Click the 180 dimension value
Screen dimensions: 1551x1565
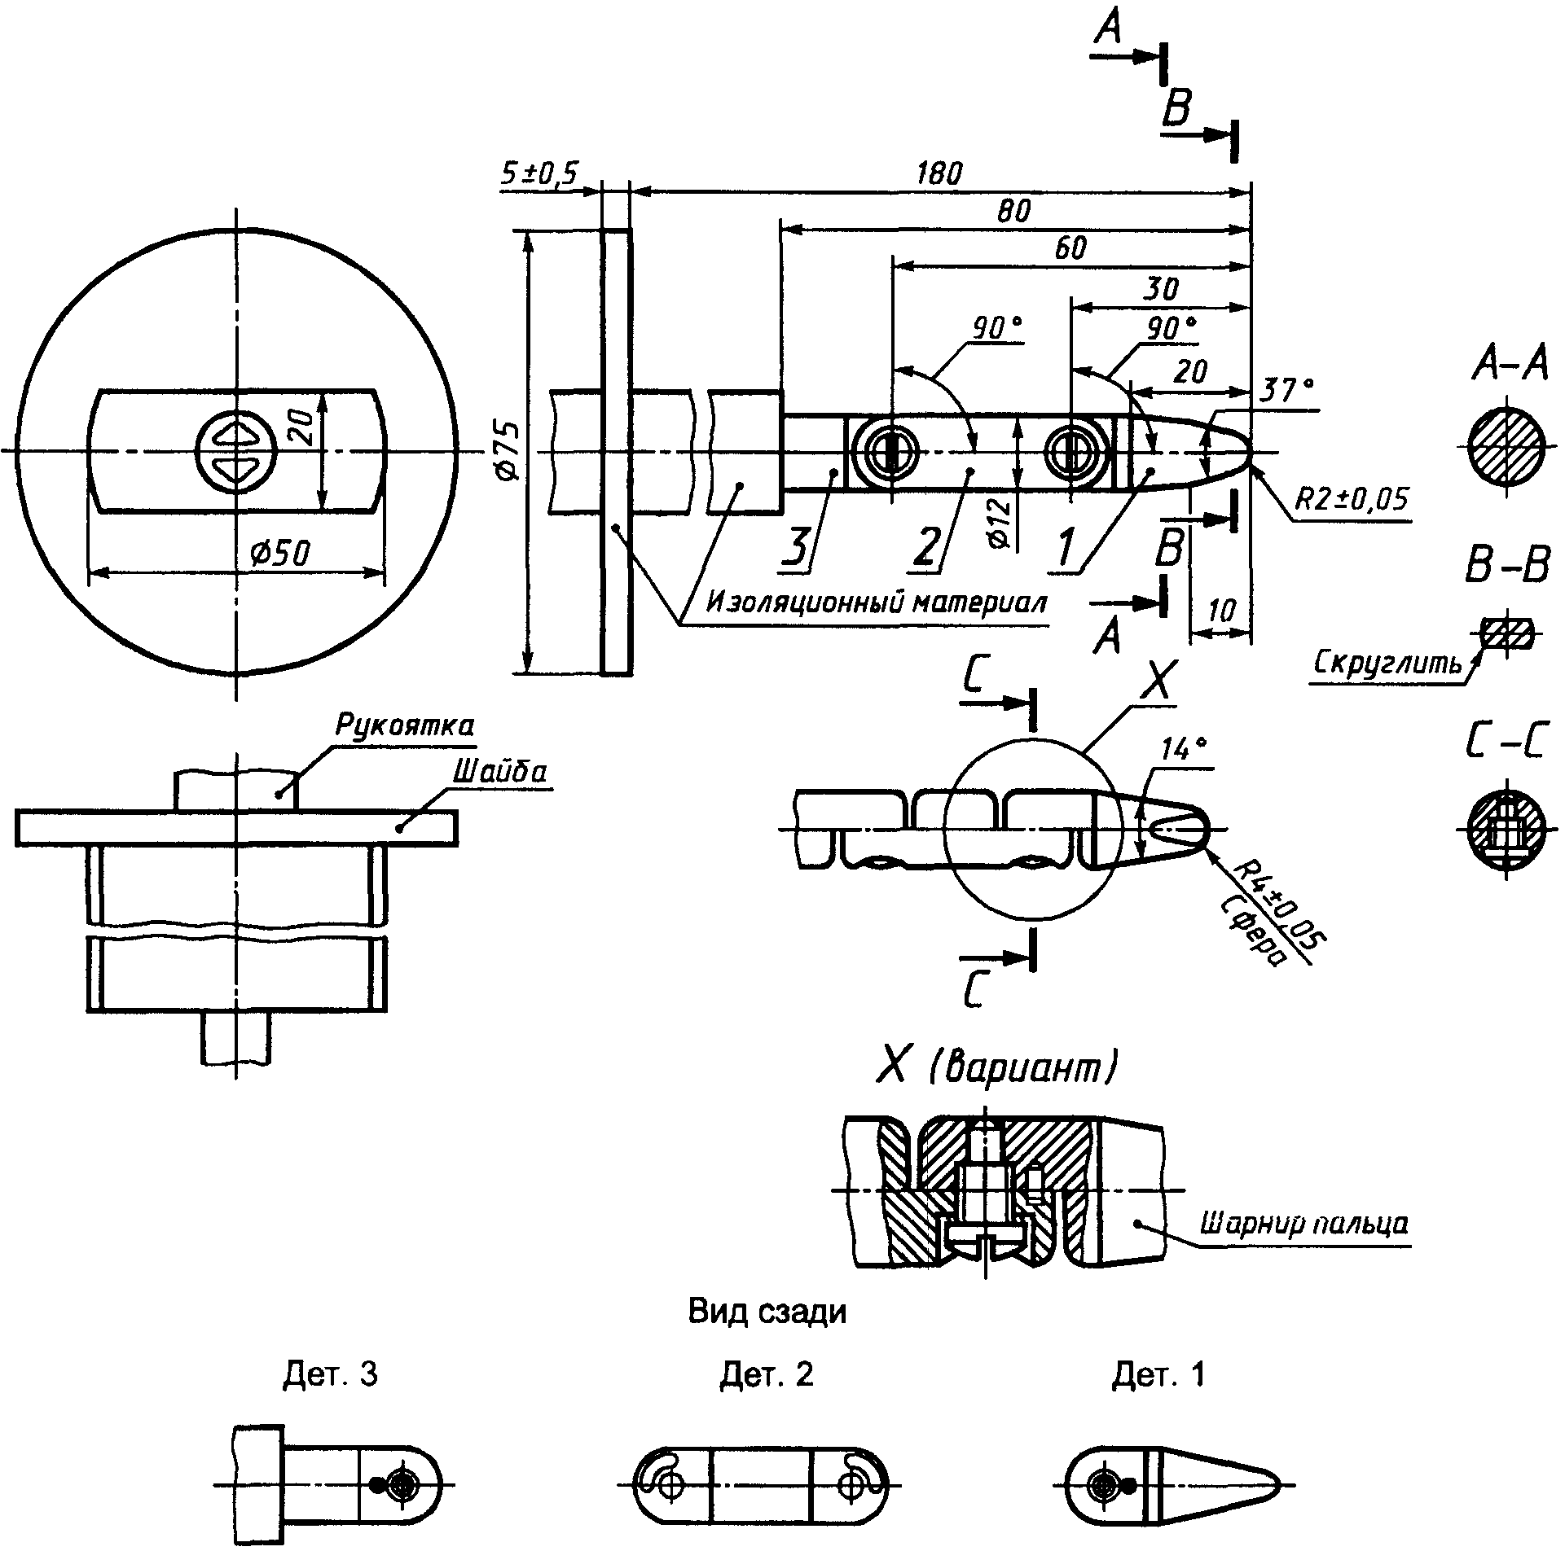tap(939, 173)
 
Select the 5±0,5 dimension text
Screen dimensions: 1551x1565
tap(539, 173)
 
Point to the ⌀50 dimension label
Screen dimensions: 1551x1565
tap(279, 553)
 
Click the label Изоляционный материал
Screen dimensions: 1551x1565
tap(876, 602)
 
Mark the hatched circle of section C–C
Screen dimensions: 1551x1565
tap(1506, 831)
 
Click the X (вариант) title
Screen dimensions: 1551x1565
tap(995, 1067)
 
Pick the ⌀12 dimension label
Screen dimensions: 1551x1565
tap(1001, 522)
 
